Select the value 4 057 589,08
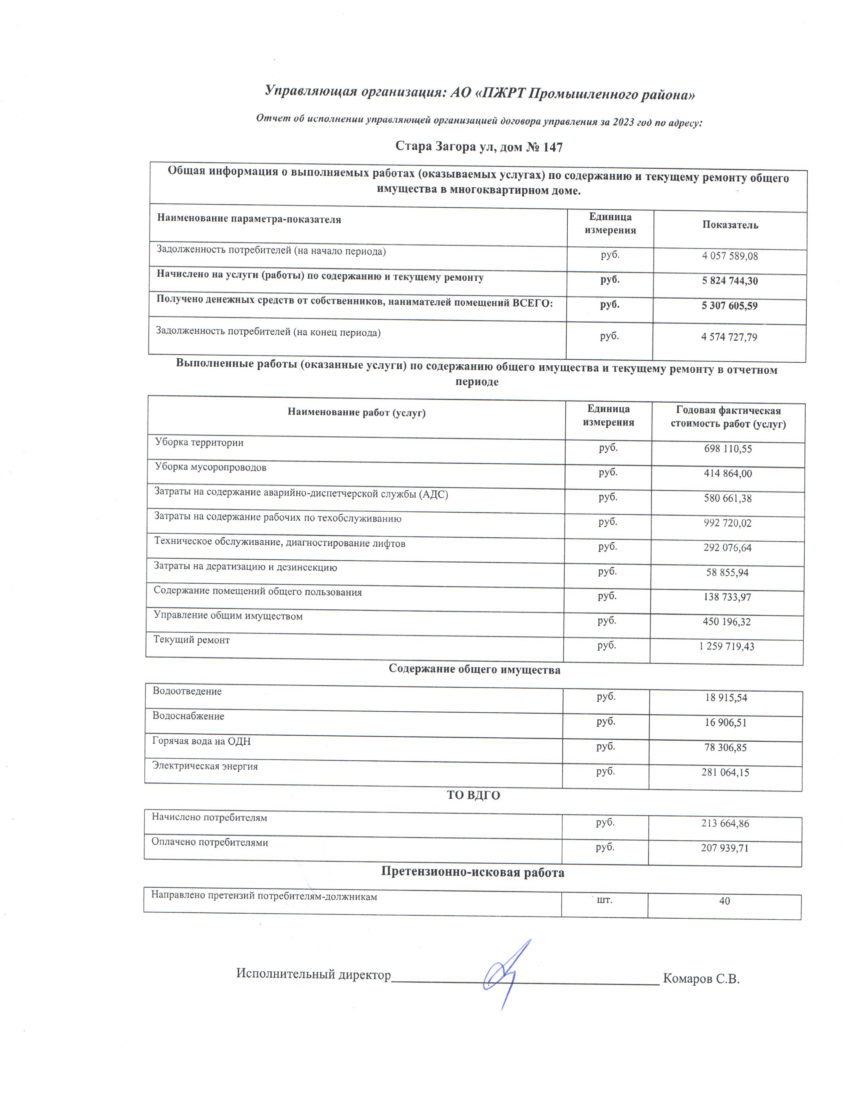tap(730, 256)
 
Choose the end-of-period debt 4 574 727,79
tap(729, 337)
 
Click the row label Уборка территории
tap(199, 442)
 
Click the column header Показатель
tap(730, 225)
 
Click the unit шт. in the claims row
tap(604, 899)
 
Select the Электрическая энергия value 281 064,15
tap(725, 772)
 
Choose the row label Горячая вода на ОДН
tap(201, 741)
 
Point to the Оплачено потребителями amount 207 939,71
tap(725, 848)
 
